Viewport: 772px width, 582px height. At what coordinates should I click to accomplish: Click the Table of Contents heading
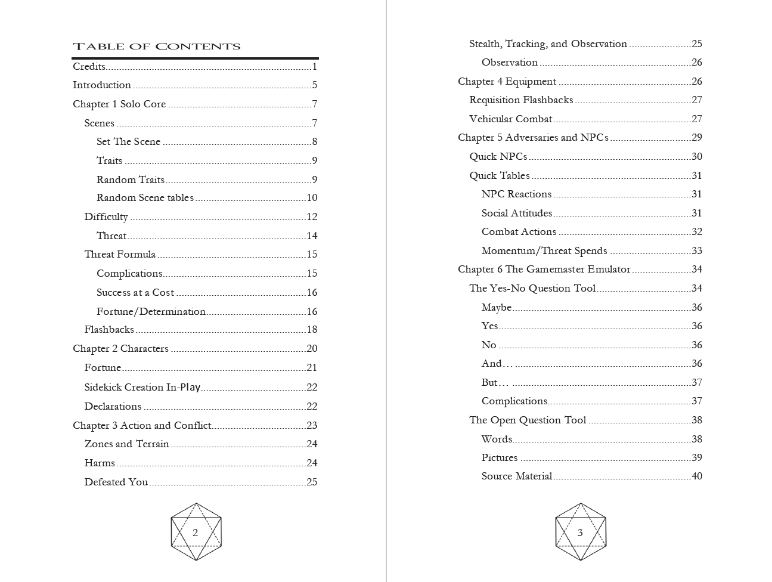156,47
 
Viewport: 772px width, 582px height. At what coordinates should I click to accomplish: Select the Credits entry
89,66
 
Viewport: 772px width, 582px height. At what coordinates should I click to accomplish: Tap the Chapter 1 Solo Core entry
119,104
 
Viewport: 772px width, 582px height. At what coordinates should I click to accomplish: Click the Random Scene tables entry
145,197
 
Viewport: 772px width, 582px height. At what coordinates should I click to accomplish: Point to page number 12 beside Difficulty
312,216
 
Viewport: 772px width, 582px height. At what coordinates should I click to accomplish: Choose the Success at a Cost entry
135,292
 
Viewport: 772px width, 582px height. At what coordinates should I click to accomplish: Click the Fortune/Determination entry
151,311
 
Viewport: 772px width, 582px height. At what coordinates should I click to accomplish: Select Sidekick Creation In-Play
142,387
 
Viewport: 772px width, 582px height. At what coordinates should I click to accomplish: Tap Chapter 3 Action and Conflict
142,425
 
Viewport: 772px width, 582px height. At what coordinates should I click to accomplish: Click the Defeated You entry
116,482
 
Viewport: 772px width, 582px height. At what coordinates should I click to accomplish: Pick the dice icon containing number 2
196,532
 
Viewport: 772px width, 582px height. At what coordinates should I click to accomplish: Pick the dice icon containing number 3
580,532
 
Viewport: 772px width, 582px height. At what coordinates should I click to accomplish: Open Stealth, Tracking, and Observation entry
548,44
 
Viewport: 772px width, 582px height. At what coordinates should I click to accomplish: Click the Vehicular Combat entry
510,119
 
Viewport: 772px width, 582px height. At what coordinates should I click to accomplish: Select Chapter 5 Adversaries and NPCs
533,137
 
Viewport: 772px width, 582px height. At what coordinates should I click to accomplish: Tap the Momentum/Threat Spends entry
544,250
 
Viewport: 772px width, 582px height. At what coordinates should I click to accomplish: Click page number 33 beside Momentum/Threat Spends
697,250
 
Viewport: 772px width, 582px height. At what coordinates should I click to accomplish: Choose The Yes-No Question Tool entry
532,288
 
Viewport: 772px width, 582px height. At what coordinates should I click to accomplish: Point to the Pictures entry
500,457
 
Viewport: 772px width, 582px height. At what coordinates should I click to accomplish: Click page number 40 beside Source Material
697,476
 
